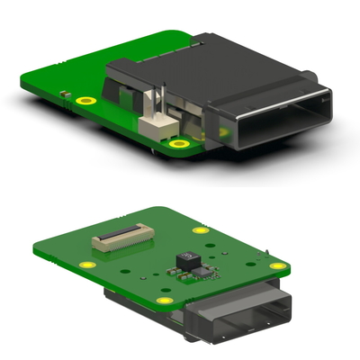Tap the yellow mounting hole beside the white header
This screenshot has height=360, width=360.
(181, 143)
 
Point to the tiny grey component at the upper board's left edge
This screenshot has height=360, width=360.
(66, 94)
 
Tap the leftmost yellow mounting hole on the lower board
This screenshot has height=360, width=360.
(86, 264)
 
